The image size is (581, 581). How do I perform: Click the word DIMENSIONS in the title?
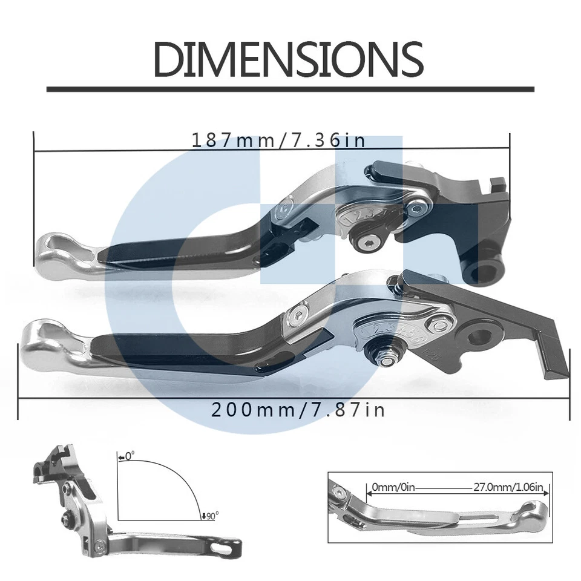click(288, 59)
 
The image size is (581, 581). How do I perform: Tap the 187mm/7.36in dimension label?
click(279, 140)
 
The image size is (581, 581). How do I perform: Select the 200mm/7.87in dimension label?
click(298, 410)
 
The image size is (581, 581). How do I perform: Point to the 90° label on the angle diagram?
click(211, 515)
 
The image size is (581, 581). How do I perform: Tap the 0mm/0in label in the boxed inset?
click(390, 486)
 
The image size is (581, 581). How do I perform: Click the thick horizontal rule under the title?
click(290, 89)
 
